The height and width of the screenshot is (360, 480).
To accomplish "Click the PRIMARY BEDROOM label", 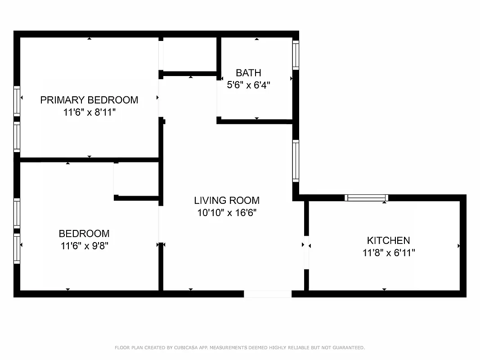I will pyautogui.click(x=89, y=100).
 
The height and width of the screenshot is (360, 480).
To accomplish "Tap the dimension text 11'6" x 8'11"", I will pyautogui.click(x=90, y=112).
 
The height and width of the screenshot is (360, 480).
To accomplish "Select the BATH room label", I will pyautogui.click(x=248, y=72).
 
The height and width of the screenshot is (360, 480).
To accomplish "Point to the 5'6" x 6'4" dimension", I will pyautogui.click(x=248, y=84).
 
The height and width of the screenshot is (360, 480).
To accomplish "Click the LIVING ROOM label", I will pyautogui.click(x=227, y=200).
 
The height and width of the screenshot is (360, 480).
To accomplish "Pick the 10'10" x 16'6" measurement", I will pyautogui.click(x=227, y=212).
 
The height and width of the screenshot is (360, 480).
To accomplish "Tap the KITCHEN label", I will pyautogui.click(x=388, y=240).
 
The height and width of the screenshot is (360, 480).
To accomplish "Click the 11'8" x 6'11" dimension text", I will pyautogui.click(x=388, y=252).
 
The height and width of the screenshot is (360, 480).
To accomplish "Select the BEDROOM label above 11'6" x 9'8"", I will pyautogui.click(x=84, y=234).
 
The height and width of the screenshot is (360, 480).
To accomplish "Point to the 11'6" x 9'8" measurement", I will pyautogui.click(x=84, y=246).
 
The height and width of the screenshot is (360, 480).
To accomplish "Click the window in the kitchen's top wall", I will pyautogui.click(x=366, y=198).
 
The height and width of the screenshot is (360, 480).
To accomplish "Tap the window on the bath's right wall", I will pyautogui.click(x=296, y=55).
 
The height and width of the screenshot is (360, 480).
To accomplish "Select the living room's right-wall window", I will pyautogui.click(x=296, y=161).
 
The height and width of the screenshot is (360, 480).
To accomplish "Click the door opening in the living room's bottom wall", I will pyautogui.click(x=268, y=294).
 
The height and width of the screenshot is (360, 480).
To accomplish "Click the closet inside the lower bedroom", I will pyautogui.click(x=136, y=179).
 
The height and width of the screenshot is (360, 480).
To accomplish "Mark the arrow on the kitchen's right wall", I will pyautogui.click(x=458, y=246).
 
